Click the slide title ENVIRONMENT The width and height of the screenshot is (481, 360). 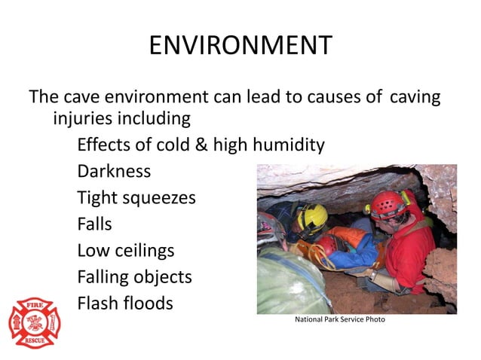(x=240, y=46)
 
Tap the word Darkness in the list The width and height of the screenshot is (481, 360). (x=114, y=171)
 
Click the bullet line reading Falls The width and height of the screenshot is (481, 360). (x=94, y=224)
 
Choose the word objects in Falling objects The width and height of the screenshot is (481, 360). (x=159, y=277)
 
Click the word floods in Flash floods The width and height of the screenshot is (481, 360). (x=148, y=304)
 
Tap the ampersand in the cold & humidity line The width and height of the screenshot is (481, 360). (x=201, y=145)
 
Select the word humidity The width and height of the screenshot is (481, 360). (x=287, y=145)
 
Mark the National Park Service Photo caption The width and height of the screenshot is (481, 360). (x=339, y=320)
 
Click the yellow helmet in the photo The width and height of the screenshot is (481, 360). (x=311, y=218)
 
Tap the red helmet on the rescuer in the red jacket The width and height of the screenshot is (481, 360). (x=386, y=203)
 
